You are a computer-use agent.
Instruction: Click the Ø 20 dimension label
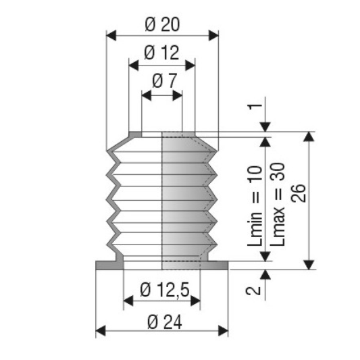coord(162,24)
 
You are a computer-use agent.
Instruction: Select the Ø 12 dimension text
coord(161,53)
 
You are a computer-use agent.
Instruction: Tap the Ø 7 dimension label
coord(164,81)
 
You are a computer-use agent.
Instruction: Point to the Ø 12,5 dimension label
coord(165,290)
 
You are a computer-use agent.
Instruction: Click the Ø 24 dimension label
coord(165,322)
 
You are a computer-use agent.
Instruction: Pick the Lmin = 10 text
coord(255,206)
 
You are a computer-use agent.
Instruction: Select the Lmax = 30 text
coord(278,205)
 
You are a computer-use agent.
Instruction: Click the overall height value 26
coord(299,193)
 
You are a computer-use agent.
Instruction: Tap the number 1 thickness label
coord(255,107)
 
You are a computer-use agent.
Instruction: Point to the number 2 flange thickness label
coord(253,290)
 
